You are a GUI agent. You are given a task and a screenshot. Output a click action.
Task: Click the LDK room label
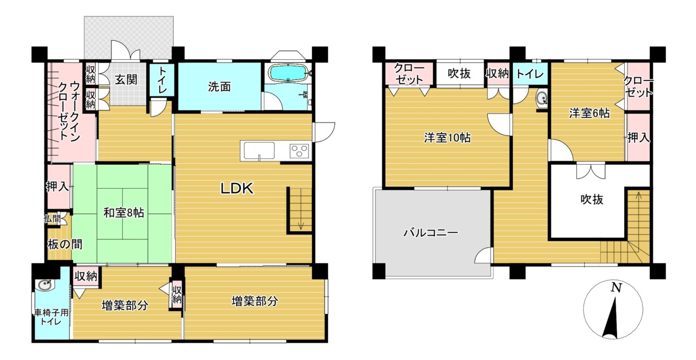click(237, 188)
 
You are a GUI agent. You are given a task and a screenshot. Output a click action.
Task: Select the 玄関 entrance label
click(126, 79)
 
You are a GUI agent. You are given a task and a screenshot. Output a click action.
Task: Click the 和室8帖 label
click(123, 213)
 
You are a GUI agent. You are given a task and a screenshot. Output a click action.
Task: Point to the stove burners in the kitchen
click(300, 151)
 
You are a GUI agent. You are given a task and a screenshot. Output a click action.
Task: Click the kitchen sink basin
click(259, 151)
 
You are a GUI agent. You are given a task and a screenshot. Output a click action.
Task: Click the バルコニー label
click(431, 233)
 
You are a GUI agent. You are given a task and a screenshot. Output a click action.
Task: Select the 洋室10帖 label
click(448, 138)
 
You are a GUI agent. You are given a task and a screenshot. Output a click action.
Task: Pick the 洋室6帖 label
click(589, 114)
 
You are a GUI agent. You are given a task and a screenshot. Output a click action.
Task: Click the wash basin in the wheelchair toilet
click(45, 285)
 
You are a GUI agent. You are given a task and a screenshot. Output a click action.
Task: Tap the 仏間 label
click(52, 219)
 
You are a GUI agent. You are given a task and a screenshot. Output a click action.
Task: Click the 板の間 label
click(65, 245)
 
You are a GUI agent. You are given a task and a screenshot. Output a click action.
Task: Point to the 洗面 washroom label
click(219, 87)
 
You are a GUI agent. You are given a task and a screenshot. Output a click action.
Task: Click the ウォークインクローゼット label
click(69, 111)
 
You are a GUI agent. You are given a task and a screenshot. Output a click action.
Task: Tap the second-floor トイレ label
click(530, 74)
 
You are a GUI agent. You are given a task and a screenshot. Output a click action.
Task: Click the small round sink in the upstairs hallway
click(541, 99)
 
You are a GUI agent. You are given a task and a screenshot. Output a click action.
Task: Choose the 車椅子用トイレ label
click(52, 317)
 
